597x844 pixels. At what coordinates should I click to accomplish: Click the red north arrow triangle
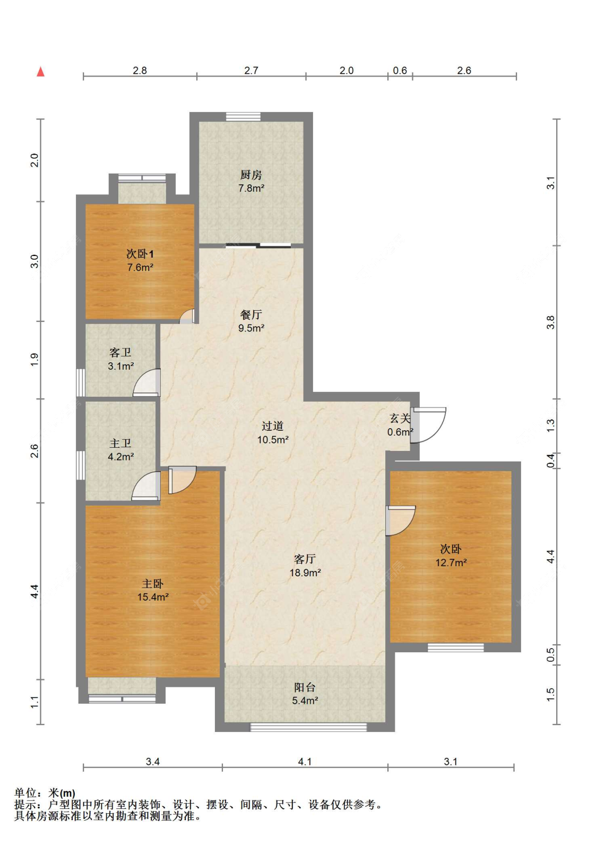coord(41,72)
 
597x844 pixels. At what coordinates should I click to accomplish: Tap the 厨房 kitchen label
coord(251,175)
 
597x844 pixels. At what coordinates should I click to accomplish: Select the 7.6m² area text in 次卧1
coord(140,268)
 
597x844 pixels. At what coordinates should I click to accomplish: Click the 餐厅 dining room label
coord(251,314)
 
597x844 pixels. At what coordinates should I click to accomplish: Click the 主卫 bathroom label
coord(120,444)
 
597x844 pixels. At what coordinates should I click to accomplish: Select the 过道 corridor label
coord(273,426)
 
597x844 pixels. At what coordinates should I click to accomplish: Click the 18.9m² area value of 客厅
coord(305,573)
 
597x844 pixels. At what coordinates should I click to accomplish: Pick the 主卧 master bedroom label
coord(152,584)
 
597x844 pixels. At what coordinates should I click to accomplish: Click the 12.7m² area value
coord(451,562)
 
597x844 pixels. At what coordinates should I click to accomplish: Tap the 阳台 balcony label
coord(305,687)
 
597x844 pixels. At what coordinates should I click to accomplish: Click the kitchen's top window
coord(243,117)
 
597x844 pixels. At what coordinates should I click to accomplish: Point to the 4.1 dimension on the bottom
coord(305,762)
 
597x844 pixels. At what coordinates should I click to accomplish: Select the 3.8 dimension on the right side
coord(551,322)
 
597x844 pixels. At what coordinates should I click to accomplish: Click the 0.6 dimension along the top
coord(400,71)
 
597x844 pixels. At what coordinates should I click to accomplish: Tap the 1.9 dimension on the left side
coord(34,360)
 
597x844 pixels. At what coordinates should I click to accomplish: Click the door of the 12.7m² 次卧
coord(401,521)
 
